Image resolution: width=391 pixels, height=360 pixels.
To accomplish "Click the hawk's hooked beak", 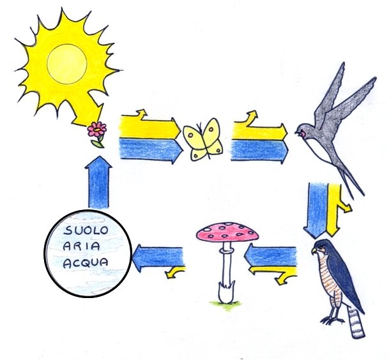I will (x=315, y=251).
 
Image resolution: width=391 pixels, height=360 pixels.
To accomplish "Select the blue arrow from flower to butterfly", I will (x=149, y=151).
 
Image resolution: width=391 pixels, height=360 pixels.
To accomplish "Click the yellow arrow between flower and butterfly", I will (x=150, y=128).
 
